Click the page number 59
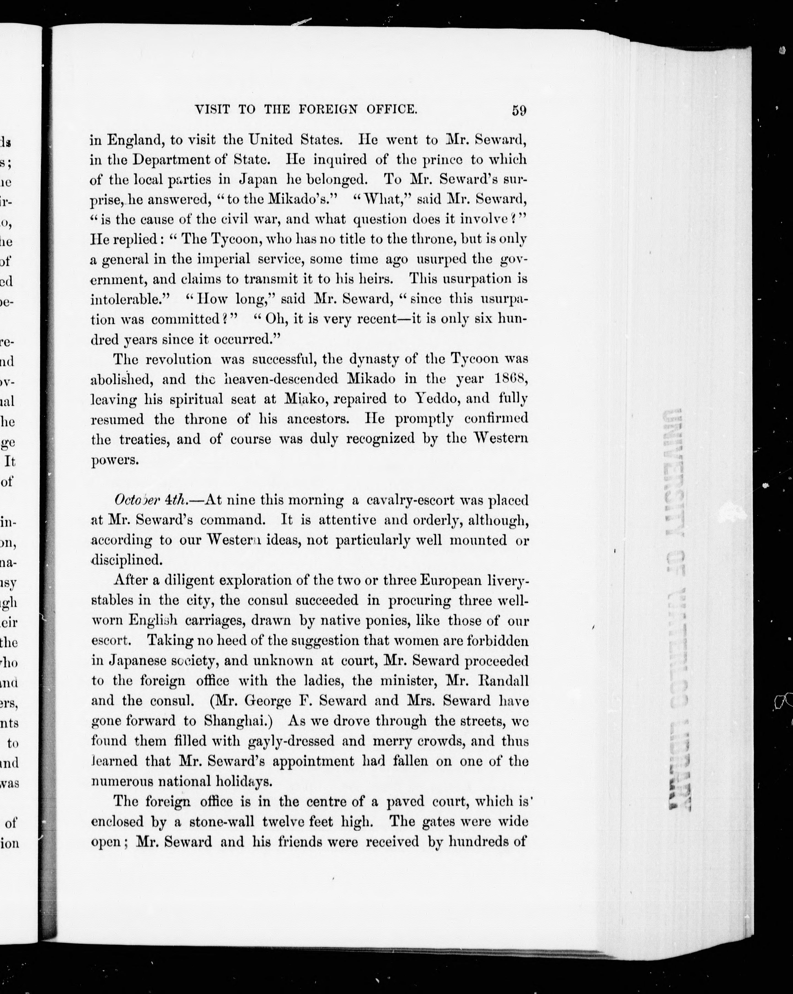pyautogui.click(x=519, y=111)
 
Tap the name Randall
pyautogui.click(x=502, y=681)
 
